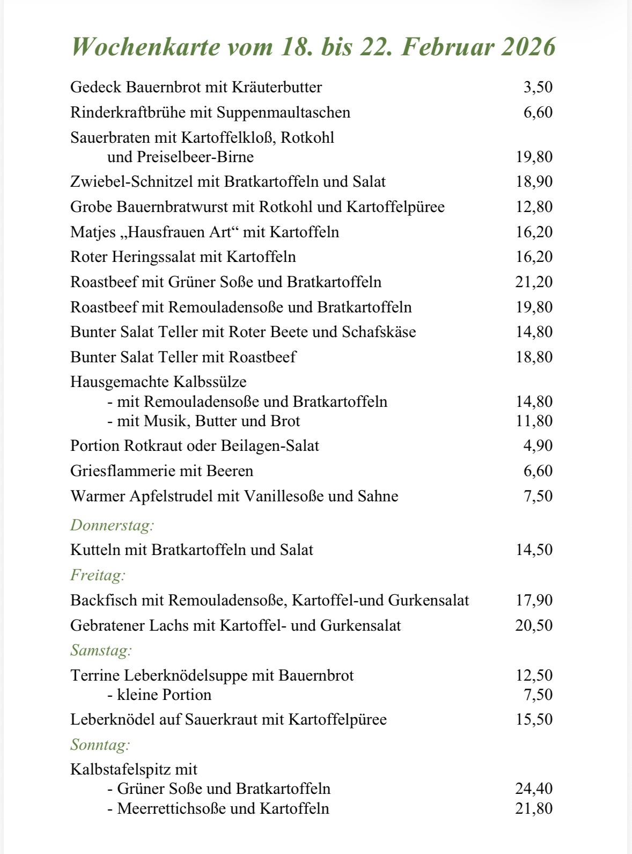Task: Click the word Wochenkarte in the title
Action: pyautogui.click(x=145, y=47)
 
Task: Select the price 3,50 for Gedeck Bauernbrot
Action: pyautogui.click(x=538, y=87)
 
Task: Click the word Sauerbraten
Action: pyautogui.click(x=110, y=137)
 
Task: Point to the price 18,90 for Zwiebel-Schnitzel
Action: pyautogui.click(x=534, y=181)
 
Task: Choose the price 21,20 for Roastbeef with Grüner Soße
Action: pyautogui.click(x=534, y=282)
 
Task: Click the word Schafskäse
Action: pyautogui.click(x=379, y=332)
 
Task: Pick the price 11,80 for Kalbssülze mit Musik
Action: pyautogui.click(x=534, y=421)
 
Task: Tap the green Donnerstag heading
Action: pyautogui.click(x=112, y=525)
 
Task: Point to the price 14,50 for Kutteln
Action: pyautogui.click(x=534, y=550)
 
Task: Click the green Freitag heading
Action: pyautogui.click(x=98, y=575)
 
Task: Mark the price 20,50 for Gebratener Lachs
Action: pyautogui.click(x=534, y=625)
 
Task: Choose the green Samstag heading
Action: pyautogui.click(x=101, y=651)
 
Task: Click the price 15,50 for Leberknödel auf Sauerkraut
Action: pyautogui.click(x=534, y=719)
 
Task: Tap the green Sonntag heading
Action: pyautogui.click(x=100, y=744)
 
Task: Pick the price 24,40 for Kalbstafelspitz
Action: pyautogui.click(x=534, y=789)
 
